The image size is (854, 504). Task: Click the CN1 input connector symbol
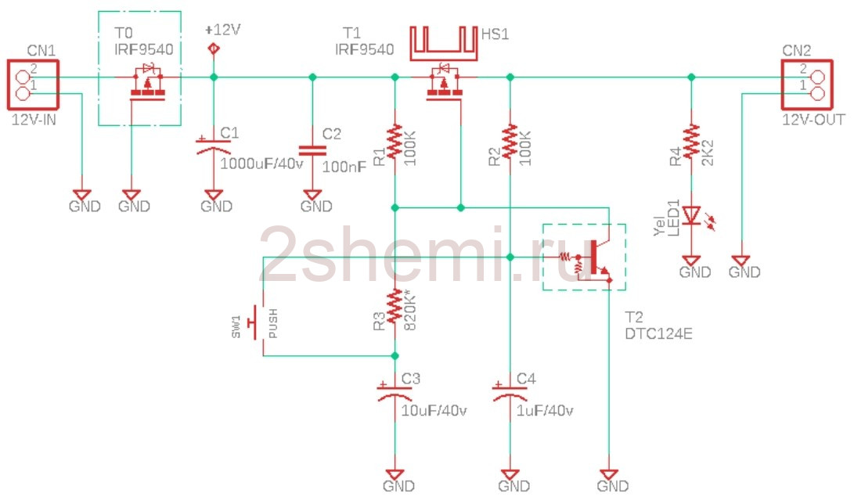point(33,85)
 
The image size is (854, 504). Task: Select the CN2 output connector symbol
point(807,85)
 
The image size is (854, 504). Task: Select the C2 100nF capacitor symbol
point(312,150)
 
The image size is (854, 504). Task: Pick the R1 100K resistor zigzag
point(395,142)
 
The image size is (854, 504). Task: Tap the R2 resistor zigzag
point(510,142)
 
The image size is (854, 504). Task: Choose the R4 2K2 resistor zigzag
point(691,142)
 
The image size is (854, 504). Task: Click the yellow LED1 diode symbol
point(694,216)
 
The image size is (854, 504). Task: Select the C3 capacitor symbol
point(395,392)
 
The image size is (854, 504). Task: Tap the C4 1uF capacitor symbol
point(510,392)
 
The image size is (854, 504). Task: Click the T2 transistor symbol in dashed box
point(591,258)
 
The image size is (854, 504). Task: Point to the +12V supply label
point(223,30)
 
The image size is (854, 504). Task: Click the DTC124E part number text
point(658,333)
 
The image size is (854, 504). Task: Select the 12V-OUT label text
point(814,120)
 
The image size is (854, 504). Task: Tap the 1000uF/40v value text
point(261,164)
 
